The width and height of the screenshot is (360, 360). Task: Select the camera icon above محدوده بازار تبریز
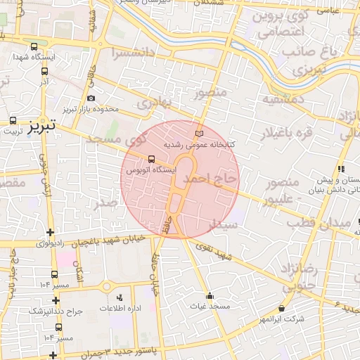[x=91, y=98]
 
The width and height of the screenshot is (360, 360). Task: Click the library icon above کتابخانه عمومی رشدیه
[x=198, y=134]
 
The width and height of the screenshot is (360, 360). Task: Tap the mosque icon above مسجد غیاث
[x=210, y=296]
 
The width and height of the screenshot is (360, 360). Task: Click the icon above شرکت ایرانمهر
[x=282, y=308]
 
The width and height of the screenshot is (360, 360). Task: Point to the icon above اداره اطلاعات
[x=120, y=297]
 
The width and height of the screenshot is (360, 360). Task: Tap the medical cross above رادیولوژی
[x=50, y=232]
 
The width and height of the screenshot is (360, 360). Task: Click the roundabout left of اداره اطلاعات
[x=107, y=285]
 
